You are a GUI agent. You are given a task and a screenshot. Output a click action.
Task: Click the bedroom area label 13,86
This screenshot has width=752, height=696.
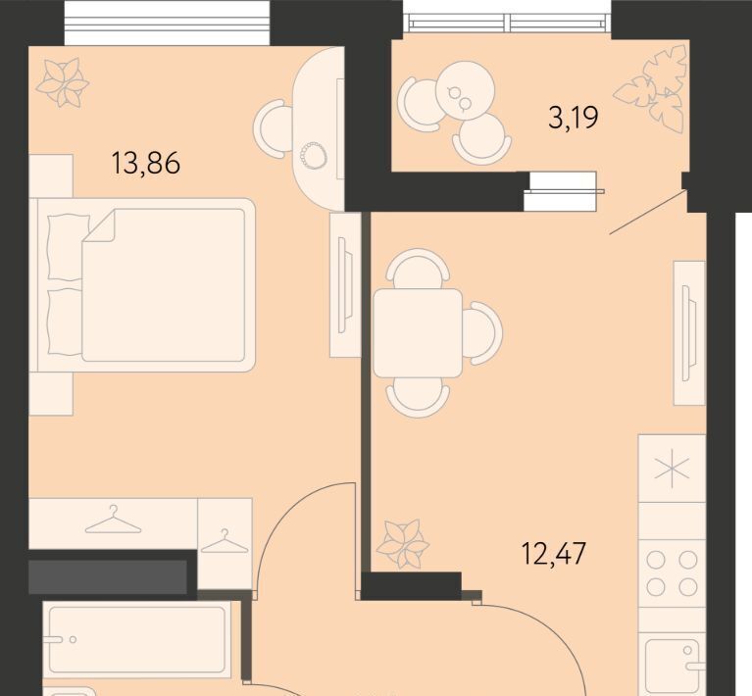coord(146,162)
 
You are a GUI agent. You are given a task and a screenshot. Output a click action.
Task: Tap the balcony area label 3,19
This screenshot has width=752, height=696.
coord(574,118)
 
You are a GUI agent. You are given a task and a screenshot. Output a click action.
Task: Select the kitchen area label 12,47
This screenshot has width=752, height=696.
coord(553,554)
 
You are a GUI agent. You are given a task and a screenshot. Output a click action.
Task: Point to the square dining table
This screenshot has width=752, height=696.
coord(418,333)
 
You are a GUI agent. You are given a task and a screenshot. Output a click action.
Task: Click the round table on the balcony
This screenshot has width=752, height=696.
coord(465,90)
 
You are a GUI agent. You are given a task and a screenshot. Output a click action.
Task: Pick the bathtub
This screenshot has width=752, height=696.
coord(136,639)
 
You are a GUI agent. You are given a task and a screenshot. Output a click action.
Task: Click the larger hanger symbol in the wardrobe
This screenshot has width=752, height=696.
coord(113,521)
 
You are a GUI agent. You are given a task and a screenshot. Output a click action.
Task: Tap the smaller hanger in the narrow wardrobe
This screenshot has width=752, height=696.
coord(225,541)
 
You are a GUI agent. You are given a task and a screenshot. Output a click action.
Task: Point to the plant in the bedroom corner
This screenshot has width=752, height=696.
coord(63,82)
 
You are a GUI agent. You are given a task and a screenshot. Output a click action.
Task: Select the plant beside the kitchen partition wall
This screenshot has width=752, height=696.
coord(402,543)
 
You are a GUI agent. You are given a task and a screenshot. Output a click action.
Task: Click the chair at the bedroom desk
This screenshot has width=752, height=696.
coord(273,128)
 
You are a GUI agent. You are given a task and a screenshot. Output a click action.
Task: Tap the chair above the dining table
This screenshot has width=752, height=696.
coord(418,268)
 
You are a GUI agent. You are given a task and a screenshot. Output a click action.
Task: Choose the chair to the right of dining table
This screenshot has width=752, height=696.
coord(483,333)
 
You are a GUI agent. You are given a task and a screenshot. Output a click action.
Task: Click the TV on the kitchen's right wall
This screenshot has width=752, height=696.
coord(689,333)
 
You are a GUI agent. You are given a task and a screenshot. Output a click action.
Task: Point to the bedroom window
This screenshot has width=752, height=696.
coord(167,23)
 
